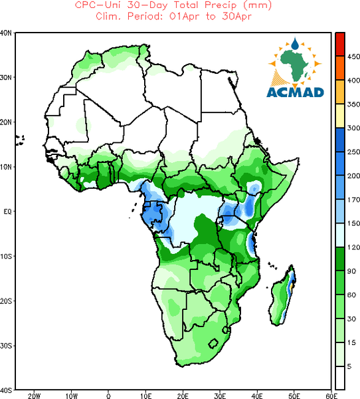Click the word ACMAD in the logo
(x=295, y=92)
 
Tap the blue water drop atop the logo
(x=295, y=43)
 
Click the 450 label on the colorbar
(x=354, y=57)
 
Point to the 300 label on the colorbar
(x=354, y=128)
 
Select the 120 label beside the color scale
(x=354, y=247)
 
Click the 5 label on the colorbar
(x=349, y=366)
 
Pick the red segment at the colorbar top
(x=340, y=45)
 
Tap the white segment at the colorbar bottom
(x=340, y=378)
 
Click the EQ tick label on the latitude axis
(x=7, y=211)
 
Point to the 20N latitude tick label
(x=6, y=122)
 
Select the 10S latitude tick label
(x=6, y=256)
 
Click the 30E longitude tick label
(x=220, y=396)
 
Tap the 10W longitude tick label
(x=72, y=396)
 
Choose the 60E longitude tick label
(x=331, y=396)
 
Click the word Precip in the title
(x=221, y=5)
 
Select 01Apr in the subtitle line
(x=185, y=17)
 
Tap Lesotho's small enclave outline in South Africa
(x=213, y=343)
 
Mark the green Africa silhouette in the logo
(x=294, y=65)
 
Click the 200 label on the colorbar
(x=354, y=176)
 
